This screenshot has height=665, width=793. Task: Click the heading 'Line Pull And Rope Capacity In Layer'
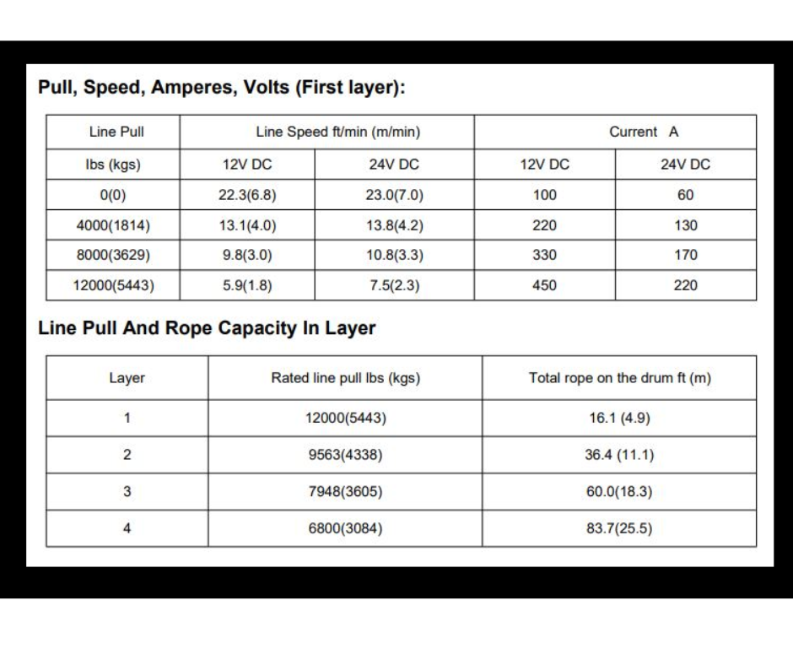click(x=207, y=329)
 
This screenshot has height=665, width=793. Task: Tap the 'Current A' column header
click(x=644, y=132)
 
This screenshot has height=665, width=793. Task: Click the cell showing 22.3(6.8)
click(x=247, y=195)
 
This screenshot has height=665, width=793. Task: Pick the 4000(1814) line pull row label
click(x=113, y=225)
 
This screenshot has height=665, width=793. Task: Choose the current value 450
click(x=544, y=285)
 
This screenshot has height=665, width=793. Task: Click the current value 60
click(x=685, y=195)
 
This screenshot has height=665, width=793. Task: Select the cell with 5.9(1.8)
click(x=247, y=285)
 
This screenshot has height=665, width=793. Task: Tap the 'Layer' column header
click(x=127, y=378)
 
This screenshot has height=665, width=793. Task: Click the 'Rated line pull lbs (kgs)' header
click(x=345, y=378)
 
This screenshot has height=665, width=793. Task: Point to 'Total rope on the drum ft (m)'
click(x=619, y=378)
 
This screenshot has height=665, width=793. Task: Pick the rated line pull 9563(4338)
click(x=345, y=455)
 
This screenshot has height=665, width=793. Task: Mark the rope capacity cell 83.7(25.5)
click(x=619, y=529)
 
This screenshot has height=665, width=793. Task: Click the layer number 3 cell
click(x=127, y=492)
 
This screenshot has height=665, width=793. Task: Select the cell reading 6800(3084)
click(x=345, y=529)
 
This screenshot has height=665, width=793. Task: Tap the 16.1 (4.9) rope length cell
click(x=619, y=418)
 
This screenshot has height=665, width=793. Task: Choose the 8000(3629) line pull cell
click(x=113, y=255)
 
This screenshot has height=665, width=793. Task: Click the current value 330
click(x=544, y=255)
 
